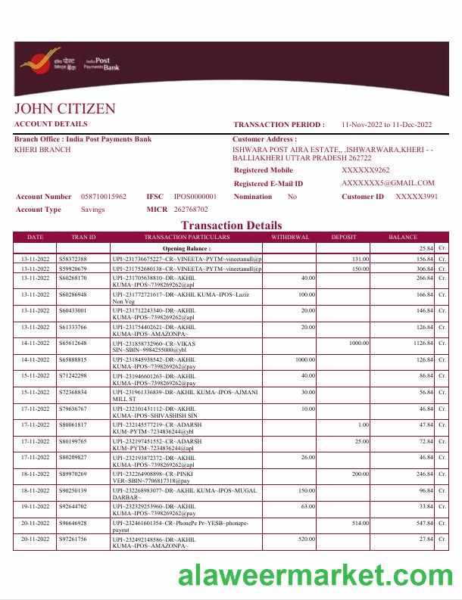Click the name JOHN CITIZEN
click(x=65, y=109)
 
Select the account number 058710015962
click(x=104, y=197)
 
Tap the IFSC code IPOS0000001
click(x=195, y=197)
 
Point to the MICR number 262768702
click(x=191, y=209)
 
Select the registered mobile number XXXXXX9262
click(x=366, y=171)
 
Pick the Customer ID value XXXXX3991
click(x=417, y=197)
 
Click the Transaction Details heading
click(x=231, y=225)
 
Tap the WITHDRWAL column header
click(x=291, y=237)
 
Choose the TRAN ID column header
click(x=83, y=237)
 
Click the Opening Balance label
click(x=186, y=248)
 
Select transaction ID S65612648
click(x=73, y=344)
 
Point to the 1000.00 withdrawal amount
click(x=305, y=359)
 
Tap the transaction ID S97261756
click(x=73, y=539)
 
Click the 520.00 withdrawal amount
click(x=306, y=539)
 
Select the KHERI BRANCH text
click(x=43, y=150)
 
